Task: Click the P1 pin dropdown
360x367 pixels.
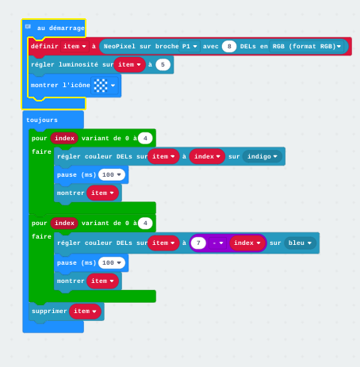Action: (190, 47)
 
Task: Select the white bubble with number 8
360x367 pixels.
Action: (229, 47)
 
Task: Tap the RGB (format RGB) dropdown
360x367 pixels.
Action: (307, 47)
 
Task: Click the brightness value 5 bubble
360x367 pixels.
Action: (163, 64)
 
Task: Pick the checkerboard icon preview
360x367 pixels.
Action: (101, 86)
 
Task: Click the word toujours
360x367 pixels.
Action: (42, 120)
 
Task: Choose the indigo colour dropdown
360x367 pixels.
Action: (262, 156)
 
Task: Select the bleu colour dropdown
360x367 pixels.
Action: (300, 243)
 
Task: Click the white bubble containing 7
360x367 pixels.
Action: (198, 243)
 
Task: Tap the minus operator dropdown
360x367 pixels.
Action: (218, 243)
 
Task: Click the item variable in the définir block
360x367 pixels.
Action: (75, 47)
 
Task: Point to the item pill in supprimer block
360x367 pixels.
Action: (85, 311)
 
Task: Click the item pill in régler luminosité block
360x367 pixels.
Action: (129, 64)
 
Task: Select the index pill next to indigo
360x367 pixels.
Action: (207, 156)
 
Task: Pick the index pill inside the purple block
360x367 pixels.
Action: (247, 243)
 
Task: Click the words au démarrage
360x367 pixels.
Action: (61, 28)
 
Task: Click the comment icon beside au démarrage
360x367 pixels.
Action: (28, 27)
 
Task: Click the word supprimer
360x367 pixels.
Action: (49, 311)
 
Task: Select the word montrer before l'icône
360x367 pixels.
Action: (44, 86)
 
